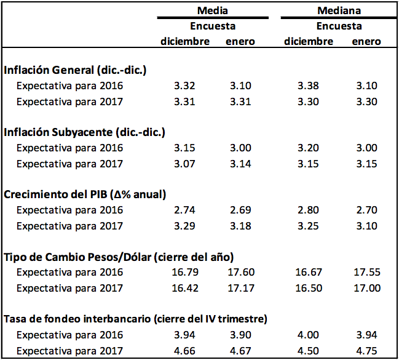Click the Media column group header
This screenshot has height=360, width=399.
[213, 11]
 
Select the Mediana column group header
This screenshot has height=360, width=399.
[339, 11]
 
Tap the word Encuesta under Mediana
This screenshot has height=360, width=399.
[339, 26]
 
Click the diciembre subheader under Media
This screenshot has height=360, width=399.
[185, 42]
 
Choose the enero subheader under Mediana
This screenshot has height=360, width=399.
[366, 42]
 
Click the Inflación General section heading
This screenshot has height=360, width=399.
[75, 70]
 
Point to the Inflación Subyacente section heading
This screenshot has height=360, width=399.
[84, 132]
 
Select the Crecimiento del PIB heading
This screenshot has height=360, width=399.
[85, 194]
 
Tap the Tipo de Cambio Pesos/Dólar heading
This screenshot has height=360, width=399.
[118, 257]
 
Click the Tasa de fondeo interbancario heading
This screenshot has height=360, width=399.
[135, 319]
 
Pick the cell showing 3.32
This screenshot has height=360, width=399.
[185, 86]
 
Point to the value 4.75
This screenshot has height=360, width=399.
[366, 351]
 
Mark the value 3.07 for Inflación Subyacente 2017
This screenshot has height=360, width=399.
[185, 164]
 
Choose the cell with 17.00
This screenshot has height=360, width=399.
[366, 288]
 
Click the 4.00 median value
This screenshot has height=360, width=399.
[308, 335]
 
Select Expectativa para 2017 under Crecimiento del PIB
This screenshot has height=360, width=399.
[69, 226]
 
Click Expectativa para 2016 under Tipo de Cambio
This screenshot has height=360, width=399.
[69, 273]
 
